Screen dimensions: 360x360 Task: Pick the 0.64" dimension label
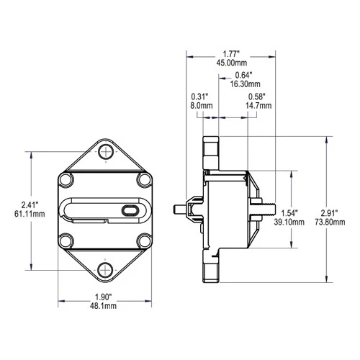tap(245, 76)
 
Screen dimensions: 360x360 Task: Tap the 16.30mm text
tap(245, 86)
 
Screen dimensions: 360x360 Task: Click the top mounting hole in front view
tap(105, 152)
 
